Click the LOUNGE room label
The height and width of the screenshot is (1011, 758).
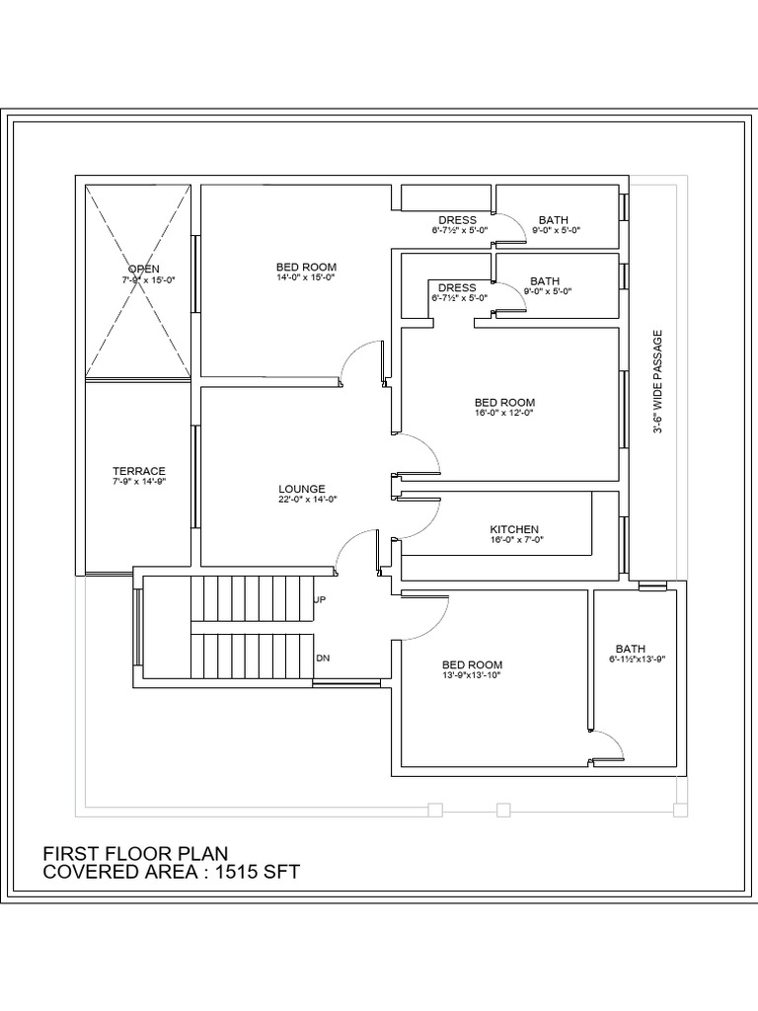[x=302, y=490]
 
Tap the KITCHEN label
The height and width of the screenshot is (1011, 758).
[x=513, y=530]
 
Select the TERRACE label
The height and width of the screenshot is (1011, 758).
[x=138, y=471]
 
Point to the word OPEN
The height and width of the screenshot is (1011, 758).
[x=144, y=269]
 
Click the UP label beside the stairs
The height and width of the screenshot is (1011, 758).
[x=320, y=599]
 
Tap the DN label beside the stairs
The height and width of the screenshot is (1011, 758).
[x=323, y=659]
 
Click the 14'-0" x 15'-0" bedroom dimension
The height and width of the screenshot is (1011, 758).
[x=306, y=277]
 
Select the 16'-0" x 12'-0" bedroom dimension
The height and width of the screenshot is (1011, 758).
[x=504, y=413]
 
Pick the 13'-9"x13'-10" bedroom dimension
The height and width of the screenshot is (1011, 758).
[x=471, y=675]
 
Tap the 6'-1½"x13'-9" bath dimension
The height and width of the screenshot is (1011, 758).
[x=638, y=659]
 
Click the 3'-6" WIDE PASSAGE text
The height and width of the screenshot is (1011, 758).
[x=657, y=382]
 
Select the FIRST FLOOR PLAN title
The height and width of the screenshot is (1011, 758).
[x=135, y=854]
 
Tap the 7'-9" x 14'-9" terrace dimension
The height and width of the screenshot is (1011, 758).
[x=138, y=481]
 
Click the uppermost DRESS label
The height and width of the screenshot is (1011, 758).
[x=458, y=220]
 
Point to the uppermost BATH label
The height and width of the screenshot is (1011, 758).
[x=554, y=220]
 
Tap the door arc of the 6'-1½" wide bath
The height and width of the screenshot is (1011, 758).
[x=615, y=739]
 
